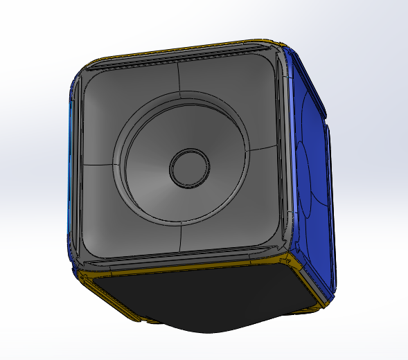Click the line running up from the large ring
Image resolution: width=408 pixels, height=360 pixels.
click(179, 83)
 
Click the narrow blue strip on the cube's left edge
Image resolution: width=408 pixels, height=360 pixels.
click(70, 173)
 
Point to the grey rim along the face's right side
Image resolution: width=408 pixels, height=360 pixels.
click(283, 152)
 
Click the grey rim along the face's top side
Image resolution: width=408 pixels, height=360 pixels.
click(180, 61)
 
